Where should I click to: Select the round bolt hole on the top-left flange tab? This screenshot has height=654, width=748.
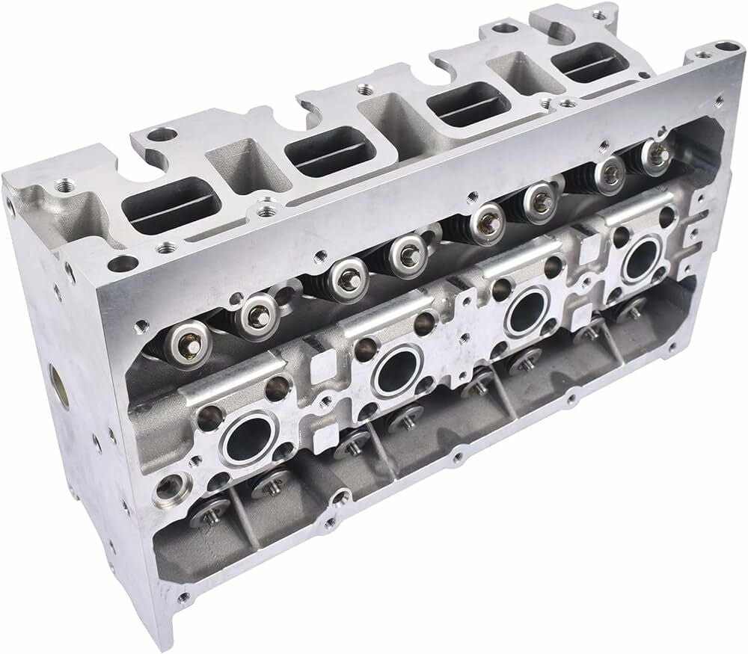tap(158, 136)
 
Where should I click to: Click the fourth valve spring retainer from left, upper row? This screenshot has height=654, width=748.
tap(408, 253)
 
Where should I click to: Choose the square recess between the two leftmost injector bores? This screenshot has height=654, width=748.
tap(325, 371)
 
